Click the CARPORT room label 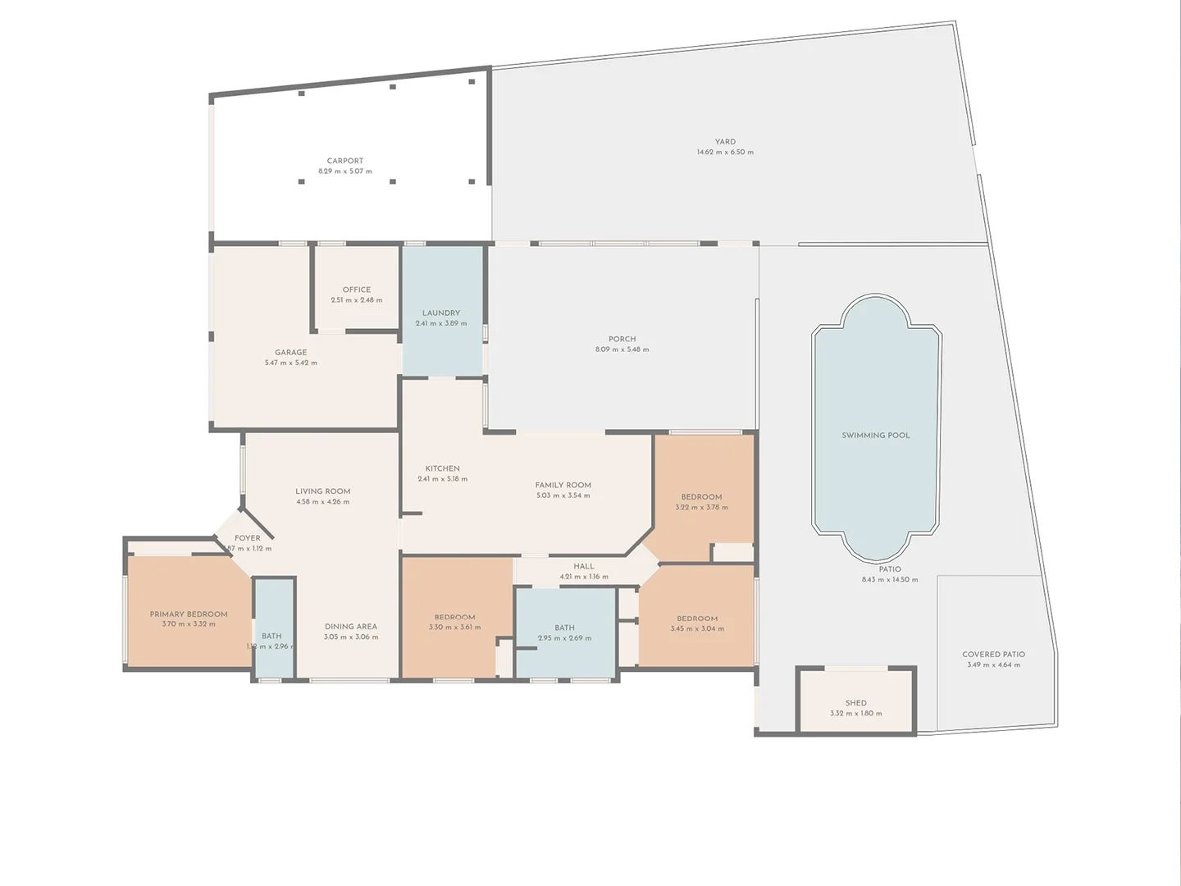pos(345,162)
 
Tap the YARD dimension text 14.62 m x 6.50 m pos(725,153)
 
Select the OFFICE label pos(357,290)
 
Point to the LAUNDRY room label pos(441,313)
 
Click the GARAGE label pos(291,353)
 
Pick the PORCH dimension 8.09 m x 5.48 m pos(622,349)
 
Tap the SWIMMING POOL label pos(876,436)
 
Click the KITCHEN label pos(443,468)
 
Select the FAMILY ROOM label pos(563,485)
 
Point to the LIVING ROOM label pos(323,491)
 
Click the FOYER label pos(248,539)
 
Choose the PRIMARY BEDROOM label pos(189,614)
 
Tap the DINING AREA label pos(351,627)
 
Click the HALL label pos(584,566)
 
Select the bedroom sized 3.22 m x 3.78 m pos(702,502)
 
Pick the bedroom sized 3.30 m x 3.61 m pos(455,623)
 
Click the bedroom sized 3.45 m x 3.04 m pos(697,623)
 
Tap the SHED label pos(856,703)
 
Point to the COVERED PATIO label pos(994,655)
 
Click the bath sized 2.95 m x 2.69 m pos(564,633)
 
